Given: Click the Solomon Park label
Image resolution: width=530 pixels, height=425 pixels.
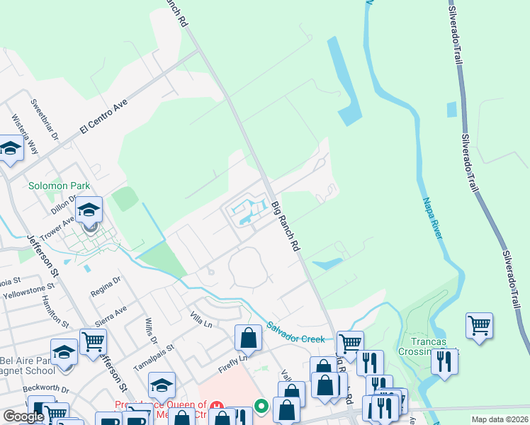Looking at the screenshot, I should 59,186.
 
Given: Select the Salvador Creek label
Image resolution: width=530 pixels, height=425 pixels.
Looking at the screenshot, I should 296,331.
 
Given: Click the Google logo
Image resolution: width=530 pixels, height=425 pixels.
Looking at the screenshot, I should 23,416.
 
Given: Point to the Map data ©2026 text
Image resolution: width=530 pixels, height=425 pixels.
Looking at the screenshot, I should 500,419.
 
